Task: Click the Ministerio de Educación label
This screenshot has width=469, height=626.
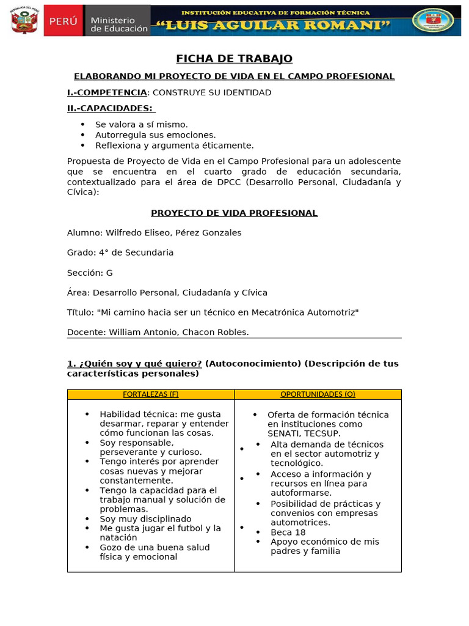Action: (118, 24)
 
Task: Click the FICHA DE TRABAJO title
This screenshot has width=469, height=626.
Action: (234, 59)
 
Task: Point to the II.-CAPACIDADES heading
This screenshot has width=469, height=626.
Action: (111, 108)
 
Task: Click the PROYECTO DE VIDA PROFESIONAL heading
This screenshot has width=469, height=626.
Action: (234, 213)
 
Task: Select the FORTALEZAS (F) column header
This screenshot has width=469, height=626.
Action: (151, 394)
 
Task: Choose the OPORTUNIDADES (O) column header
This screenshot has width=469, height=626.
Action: (318, 394)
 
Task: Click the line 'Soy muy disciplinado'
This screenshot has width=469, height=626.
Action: (146, 518)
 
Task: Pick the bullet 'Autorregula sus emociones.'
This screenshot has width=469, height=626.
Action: (156, 134)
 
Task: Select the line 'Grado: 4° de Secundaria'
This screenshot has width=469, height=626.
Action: (120, 252)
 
